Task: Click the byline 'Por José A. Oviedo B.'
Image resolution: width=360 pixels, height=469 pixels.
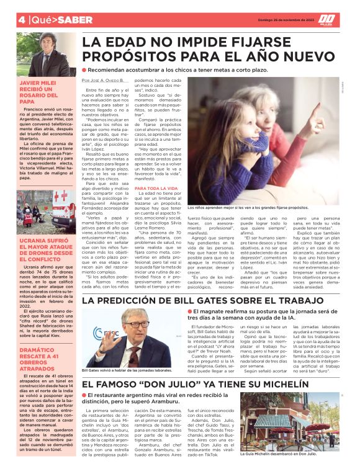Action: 103,81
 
